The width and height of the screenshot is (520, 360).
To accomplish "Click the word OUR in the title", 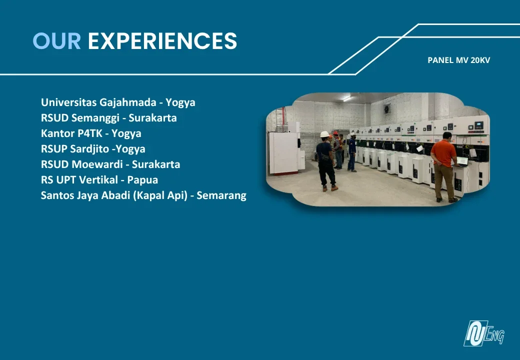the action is [56, 41].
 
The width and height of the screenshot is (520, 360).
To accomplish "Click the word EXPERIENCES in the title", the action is [162, 41].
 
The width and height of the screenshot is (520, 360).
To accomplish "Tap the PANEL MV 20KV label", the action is [458, 60].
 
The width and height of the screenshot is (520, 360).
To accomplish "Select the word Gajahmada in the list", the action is [127, 102].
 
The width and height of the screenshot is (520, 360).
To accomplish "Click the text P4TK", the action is [90, 133].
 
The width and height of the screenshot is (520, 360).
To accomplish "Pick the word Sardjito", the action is [89, 149].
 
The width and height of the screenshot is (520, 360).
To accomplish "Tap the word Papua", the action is [142, 180].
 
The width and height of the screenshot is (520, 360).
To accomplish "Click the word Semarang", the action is [221, 195].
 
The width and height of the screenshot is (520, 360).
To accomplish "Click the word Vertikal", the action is [98, 179].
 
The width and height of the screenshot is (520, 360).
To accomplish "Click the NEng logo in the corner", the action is [484, 333].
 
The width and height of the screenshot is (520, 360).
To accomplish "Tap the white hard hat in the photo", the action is [324, 134].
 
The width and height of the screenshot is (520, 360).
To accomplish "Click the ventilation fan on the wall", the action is [387, 108].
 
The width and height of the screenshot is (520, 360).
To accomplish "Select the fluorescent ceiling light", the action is [347, 98].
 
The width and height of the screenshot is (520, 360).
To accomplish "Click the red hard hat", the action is [335, 133].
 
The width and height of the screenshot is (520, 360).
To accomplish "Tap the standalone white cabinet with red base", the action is [284, 152].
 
